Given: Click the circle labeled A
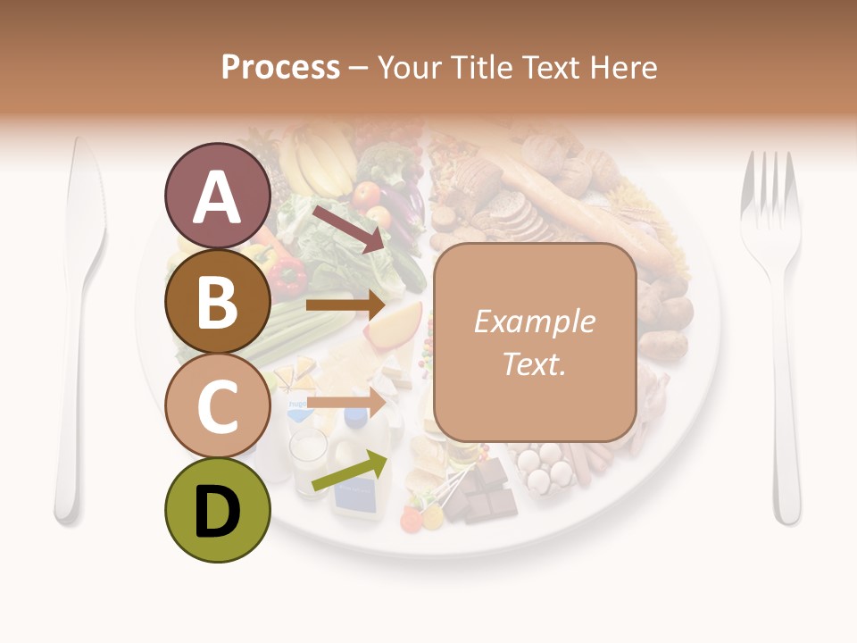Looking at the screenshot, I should tap(217, 197).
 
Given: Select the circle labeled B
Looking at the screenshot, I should tap(217, 302).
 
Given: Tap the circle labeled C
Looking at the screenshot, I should tap(217, 406).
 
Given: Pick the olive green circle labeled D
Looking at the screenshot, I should tap(217, 510).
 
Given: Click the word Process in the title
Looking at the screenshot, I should tap(280, 68).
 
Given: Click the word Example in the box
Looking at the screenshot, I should tap(534, 322).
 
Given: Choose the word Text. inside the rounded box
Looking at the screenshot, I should tap(534, 363).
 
